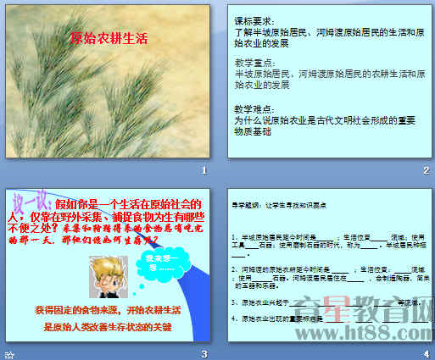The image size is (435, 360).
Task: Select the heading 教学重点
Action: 250,64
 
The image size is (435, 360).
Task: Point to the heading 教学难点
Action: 250,109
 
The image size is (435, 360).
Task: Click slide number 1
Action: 204,171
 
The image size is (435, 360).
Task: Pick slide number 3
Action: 204,353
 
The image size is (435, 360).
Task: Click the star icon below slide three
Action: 8,353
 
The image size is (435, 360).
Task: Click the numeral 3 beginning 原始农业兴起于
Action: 235,302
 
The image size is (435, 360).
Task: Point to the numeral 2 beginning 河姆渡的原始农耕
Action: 235,267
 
